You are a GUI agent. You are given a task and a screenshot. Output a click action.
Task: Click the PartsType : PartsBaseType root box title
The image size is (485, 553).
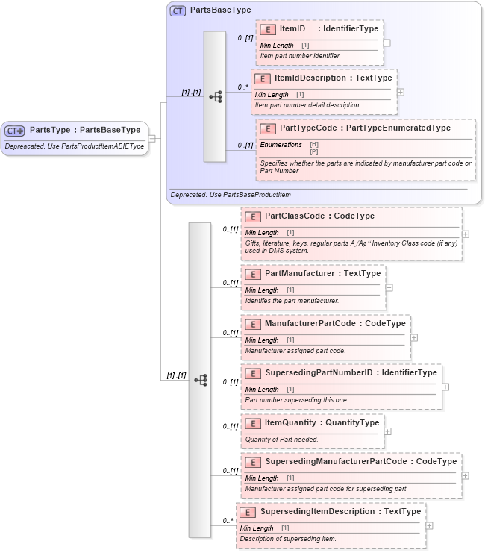84,130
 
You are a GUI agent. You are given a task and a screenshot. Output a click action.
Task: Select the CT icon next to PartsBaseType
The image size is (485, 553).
178,11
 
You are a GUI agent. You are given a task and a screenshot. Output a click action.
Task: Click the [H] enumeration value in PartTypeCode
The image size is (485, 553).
314,144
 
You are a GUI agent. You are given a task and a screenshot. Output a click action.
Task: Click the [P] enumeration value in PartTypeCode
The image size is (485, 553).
314,152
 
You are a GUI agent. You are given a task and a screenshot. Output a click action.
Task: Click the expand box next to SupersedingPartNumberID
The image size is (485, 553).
445,387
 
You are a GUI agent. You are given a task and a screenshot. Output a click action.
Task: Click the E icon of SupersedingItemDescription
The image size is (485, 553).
248,512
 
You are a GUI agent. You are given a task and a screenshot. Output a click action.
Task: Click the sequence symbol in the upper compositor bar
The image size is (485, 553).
215,97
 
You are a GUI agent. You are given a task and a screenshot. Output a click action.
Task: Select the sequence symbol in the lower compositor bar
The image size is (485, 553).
200,380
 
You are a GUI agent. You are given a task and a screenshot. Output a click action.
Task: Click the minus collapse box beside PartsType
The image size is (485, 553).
152,137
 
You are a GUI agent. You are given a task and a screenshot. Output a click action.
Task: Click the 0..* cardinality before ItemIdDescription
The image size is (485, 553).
242,87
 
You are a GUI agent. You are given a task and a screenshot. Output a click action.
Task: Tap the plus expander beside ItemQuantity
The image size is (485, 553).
388,431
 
